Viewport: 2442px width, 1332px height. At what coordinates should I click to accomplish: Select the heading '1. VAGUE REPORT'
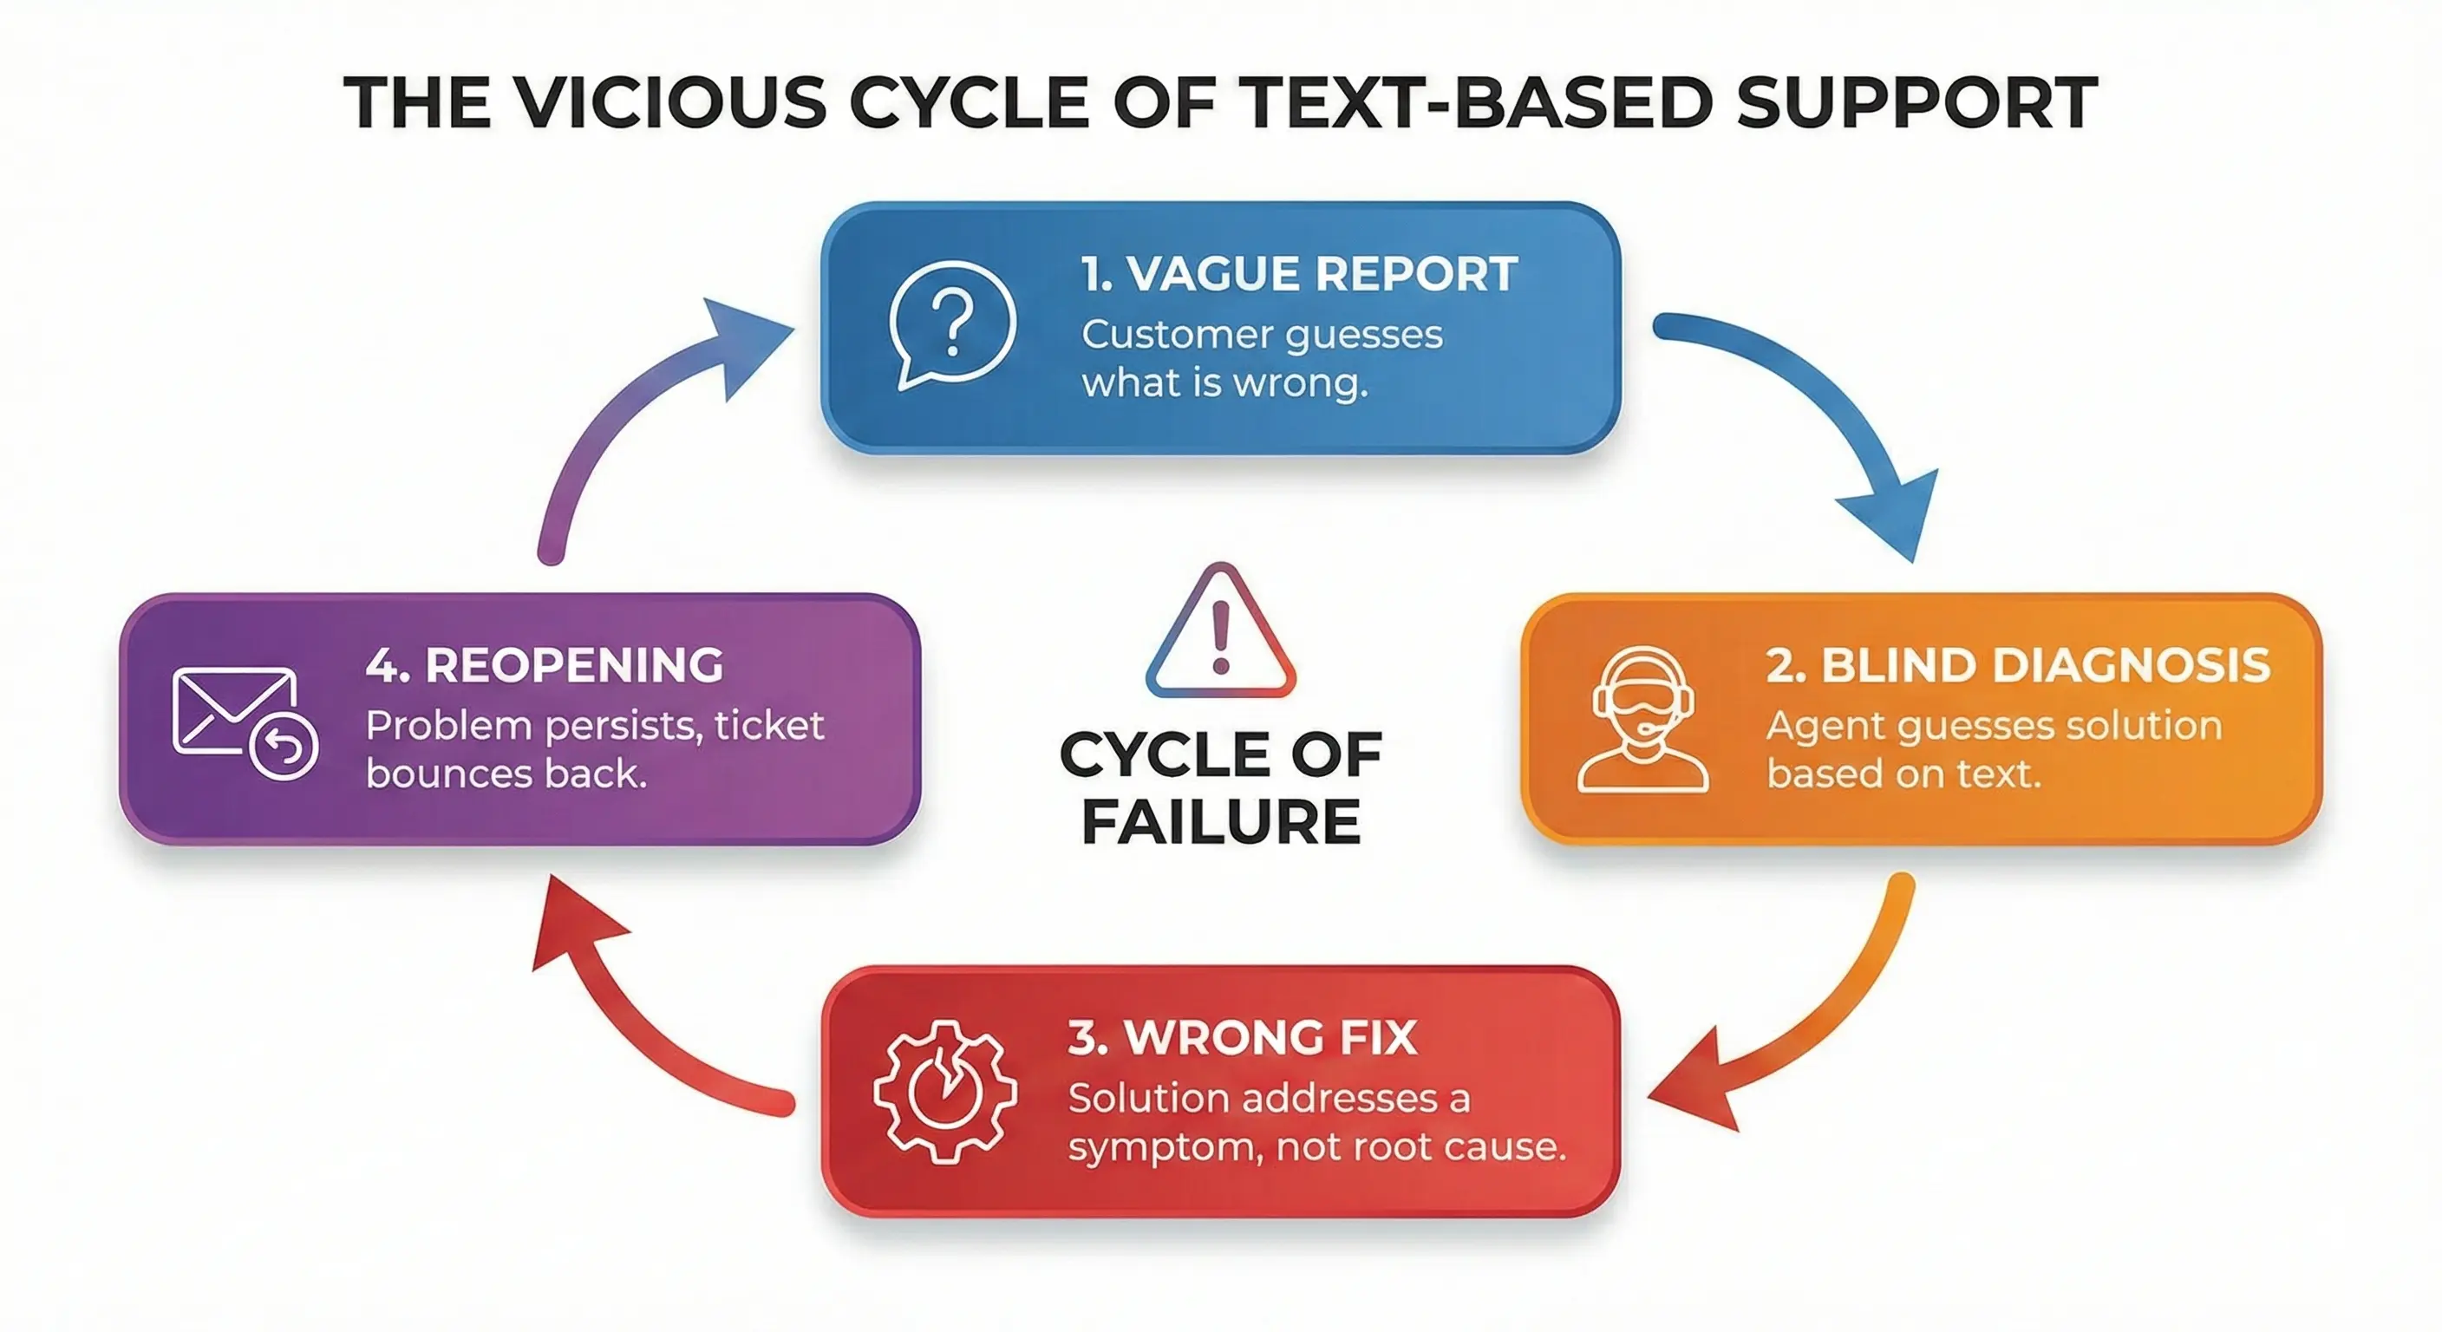(x=1299, y=275)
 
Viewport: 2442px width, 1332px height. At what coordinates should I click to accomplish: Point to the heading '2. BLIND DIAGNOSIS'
(x=2017, y=665)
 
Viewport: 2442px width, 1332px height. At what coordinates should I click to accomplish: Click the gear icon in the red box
(x=944, y=1091)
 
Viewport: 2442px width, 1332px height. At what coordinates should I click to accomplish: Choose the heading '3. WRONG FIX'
(x=1242, y=1038)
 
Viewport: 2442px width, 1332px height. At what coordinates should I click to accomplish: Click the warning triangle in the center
(x=1220, y=633)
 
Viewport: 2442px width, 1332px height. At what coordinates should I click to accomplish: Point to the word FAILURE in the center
(x=1221, y=822)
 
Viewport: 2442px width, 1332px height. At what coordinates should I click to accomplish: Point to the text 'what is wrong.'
(x=1224, y=384)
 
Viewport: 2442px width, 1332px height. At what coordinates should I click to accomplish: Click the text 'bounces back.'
(x=506, y=774)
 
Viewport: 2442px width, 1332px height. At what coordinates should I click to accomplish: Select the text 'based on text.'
(x=1903, y=774)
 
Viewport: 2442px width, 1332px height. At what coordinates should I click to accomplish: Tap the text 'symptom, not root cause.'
(x=1316, y=1147)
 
